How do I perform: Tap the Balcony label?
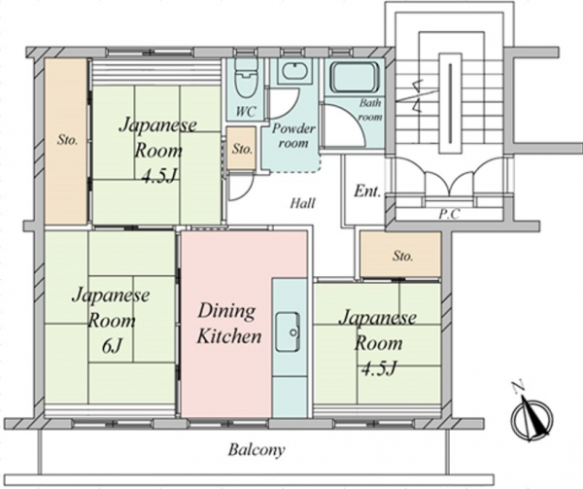click(257, 450)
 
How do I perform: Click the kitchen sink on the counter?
click(288, 332)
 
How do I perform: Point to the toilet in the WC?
click(247, 76)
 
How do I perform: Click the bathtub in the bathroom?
click(354, 77)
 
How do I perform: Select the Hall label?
click(301, 203)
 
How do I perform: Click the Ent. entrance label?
click(366, 190)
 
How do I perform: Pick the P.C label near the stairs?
click(449, 214)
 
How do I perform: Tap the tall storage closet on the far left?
click(66, 141)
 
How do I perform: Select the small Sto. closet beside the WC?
click(242, 150)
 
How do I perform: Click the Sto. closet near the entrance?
click(400, 257)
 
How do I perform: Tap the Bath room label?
click(369, 109)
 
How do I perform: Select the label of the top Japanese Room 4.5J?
click(157, 148)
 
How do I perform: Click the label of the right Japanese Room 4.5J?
click(377, 342)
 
